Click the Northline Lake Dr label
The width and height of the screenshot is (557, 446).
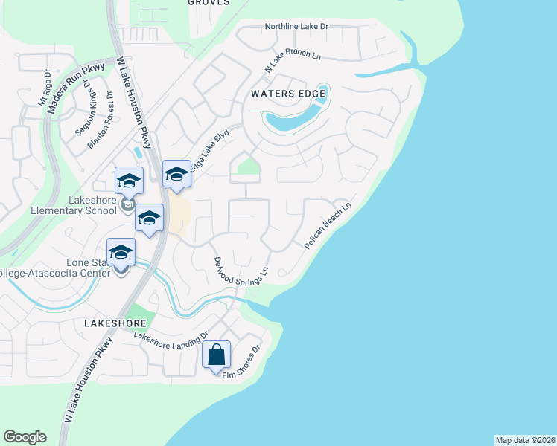(x=296, y=27)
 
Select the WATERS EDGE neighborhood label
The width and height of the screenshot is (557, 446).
(x=288, y=94)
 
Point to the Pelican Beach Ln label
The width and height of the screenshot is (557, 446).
(x=327, y=224)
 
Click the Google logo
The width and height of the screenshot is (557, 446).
(x=25, y=437)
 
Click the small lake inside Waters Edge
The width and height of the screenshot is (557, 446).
(x=294, y=119)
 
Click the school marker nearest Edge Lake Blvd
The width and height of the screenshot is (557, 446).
(x=176, y=174)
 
